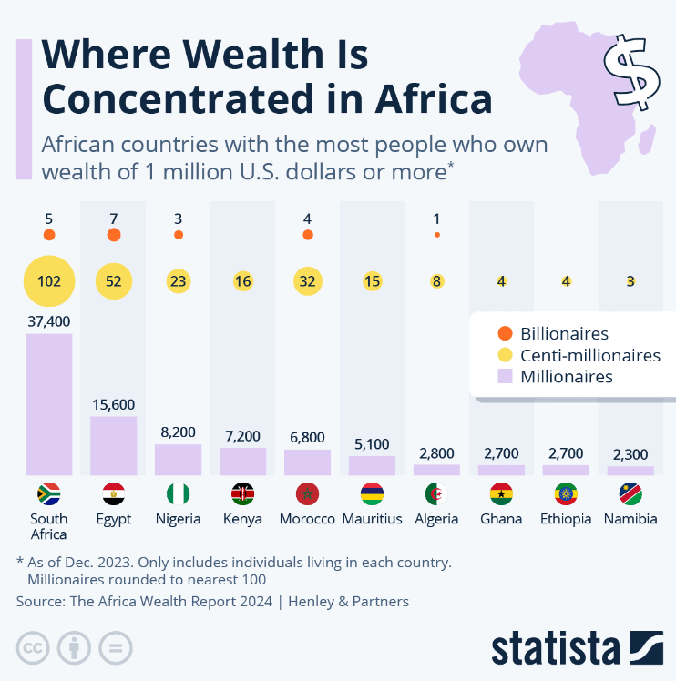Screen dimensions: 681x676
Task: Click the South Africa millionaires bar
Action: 48,404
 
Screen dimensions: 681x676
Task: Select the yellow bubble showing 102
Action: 48,281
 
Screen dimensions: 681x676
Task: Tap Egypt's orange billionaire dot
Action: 113,235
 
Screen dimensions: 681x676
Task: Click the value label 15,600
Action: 113,404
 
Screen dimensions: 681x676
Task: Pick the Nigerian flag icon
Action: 178,494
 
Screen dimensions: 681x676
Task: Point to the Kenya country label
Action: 242,519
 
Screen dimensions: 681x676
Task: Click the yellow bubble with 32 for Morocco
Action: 307,281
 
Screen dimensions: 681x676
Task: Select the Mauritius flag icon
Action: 372,494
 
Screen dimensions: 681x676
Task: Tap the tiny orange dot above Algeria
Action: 437,235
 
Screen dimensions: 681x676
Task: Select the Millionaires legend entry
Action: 565,376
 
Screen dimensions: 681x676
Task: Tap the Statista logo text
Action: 556,648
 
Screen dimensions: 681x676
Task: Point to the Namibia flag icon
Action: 630,494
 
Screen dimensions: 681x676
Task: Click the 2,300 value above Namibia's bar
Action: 630,453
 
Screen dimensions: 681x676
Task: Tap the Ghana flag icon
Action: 501,494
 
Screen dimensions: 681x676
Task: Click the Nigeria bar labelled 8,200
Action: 178,460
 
